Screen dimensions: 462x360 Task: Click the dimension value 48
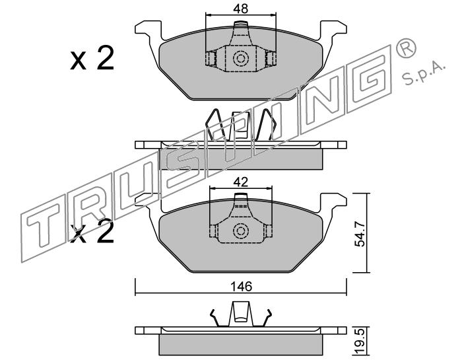coord(241,9)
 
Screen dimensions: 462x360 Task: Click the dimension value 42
coord(240,182)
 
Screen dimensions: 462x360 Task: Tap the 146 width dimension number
coord(241,286)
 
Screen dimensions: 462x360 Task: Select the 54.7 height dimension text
coord(360,234)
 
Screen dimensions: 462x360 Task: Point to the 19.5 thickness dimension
coord(360,342)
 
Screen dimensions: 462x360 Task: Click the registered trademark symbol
coord(406,48)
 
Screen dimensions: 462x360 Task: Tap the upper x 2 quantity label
coord(92,57)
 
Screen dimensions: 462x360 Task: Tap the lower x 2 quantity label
coord(92,232)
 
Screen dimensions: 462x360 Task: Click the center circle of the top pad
coord(240,59)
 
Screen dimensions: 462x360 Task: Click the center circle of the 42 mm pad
coord(240,231)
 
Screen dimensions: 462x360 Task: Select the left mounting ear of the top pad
coord(148,30)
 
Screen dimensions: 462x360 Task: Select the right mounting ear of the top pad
coord(333,30)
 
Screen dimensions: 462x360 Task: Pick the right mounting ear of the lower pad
coord(333,203)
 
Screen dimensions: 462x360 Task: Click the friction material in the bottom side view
coord(241,345)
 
